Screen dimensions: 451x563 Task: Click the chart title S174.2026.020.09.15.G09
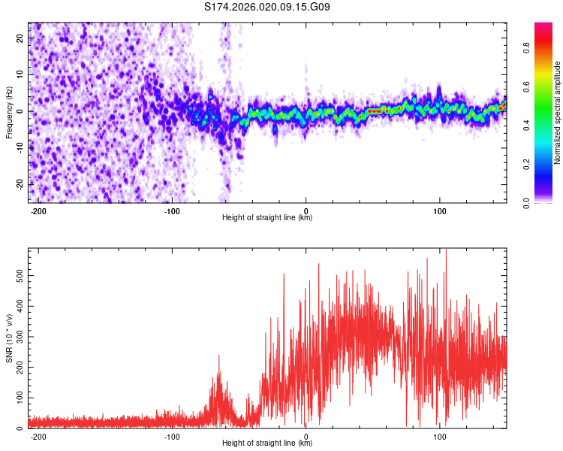point(267,8)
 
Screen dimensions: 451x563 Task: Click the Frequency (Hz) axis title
point(9,112)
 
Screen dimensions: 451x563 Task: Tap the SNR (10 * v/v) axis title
point(9,337)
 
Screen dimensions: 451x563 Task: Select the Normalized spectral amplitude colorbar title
point(557,113)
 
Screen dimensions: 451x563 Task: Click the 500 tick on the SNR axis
point(18,276)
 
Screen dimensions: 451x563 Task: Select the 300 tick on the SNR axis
point(18,337)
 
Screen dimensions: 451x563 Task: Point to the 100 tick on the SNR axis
point(18,398)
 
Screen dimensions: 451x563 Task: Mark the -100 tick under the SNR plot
point(171,435)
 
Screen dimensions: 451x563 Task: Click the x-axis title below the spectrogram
point(267,218)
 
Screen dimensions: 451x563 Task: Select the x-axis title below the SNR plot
point(267,443)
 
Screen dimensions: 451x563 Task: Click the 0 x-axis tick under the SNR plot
point(306,435)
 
